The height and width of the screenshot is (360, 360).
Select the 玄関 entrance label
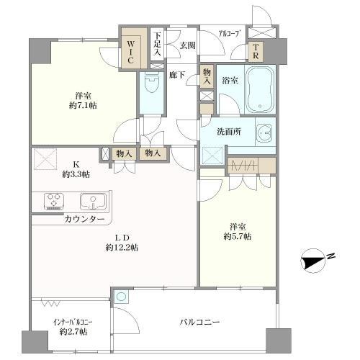point(187,45)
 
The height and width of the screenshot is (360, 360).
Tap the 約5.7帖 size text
point(237,236)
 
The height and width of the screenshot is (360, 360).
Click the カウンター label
point(84,218)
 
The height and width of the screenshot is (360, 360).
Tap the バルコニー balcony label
point(200,322)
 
